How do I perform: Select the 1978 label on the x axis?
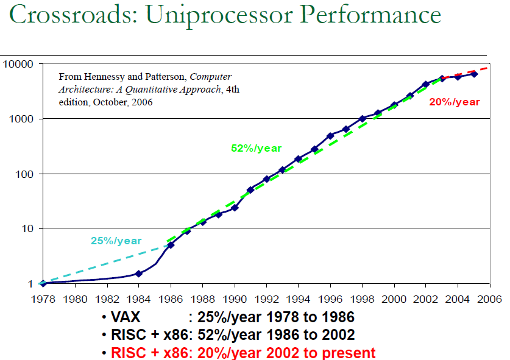[x=42, y=300]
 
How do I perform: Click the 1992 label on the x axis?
[x=266, y=300]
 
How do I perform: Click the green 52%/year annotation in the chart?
[x=256, y=148]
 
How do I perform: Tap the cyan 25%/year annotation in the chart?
[x=116, y=241]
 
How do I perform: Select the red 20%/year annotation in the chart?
[x=455, y=102]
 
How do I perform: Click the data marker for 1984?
[x=139, y=274]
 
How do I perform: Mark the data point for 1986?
[x=171, y=245]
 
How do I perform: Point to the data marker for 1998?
[x=363, y=118]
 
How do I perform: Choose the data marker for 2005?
[x=474, y=74]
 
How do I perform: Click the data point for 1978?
[x=43, y=283]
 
